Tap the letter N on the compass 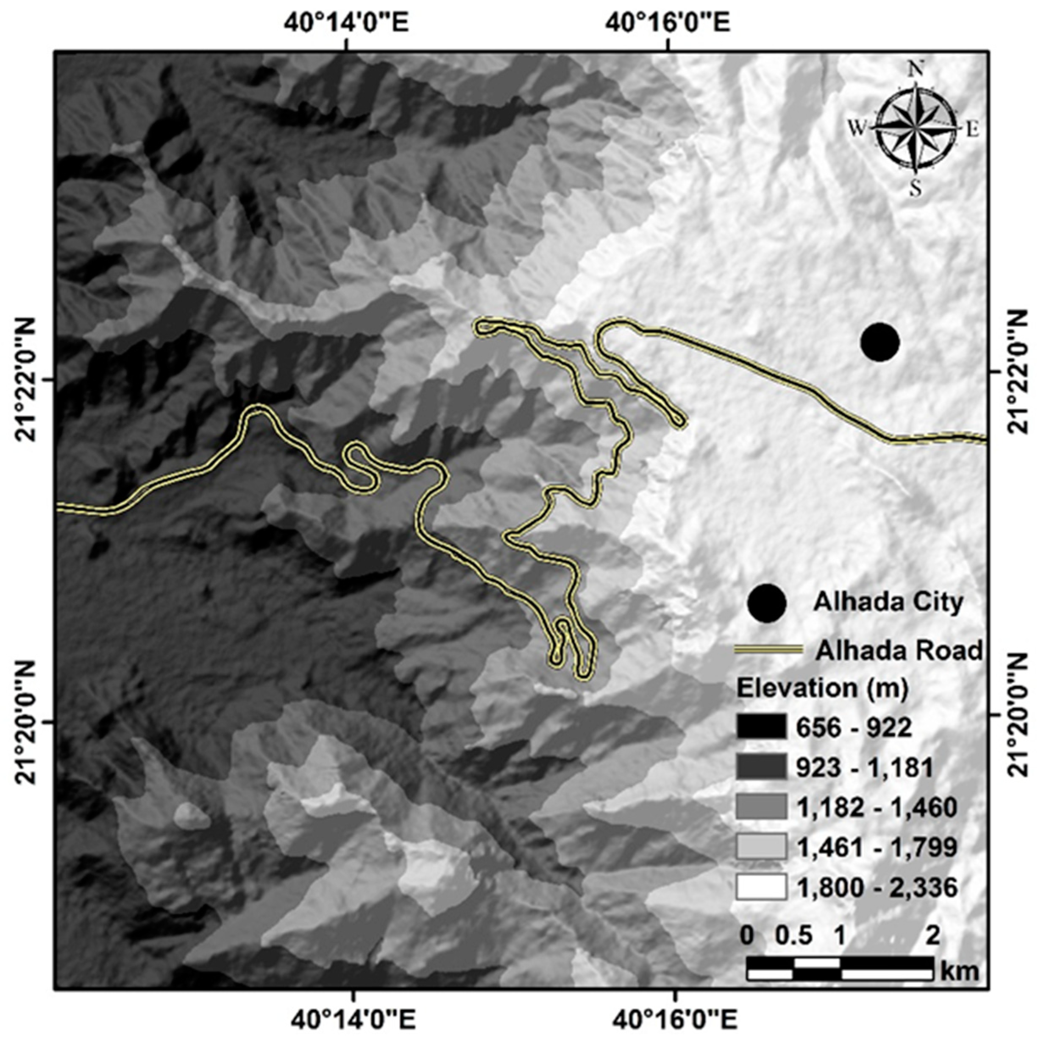tap(916, 68)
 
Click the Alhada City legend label tap(888, 602)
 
